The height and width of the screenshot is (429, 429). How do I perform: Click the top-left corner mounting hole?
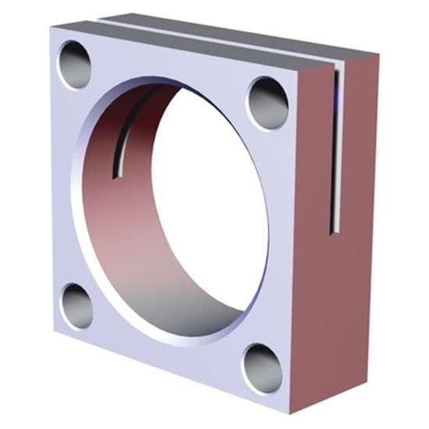[x=76, y=65]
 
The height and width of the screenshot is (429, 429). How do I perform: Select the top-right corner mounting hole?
[x=268, y=103]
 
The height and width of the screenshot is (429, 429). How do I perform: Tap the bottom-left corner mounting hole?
[x=76, y=306]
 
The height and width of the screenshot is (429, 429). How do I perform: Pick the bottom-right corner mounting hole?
[x=262, y=368]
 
